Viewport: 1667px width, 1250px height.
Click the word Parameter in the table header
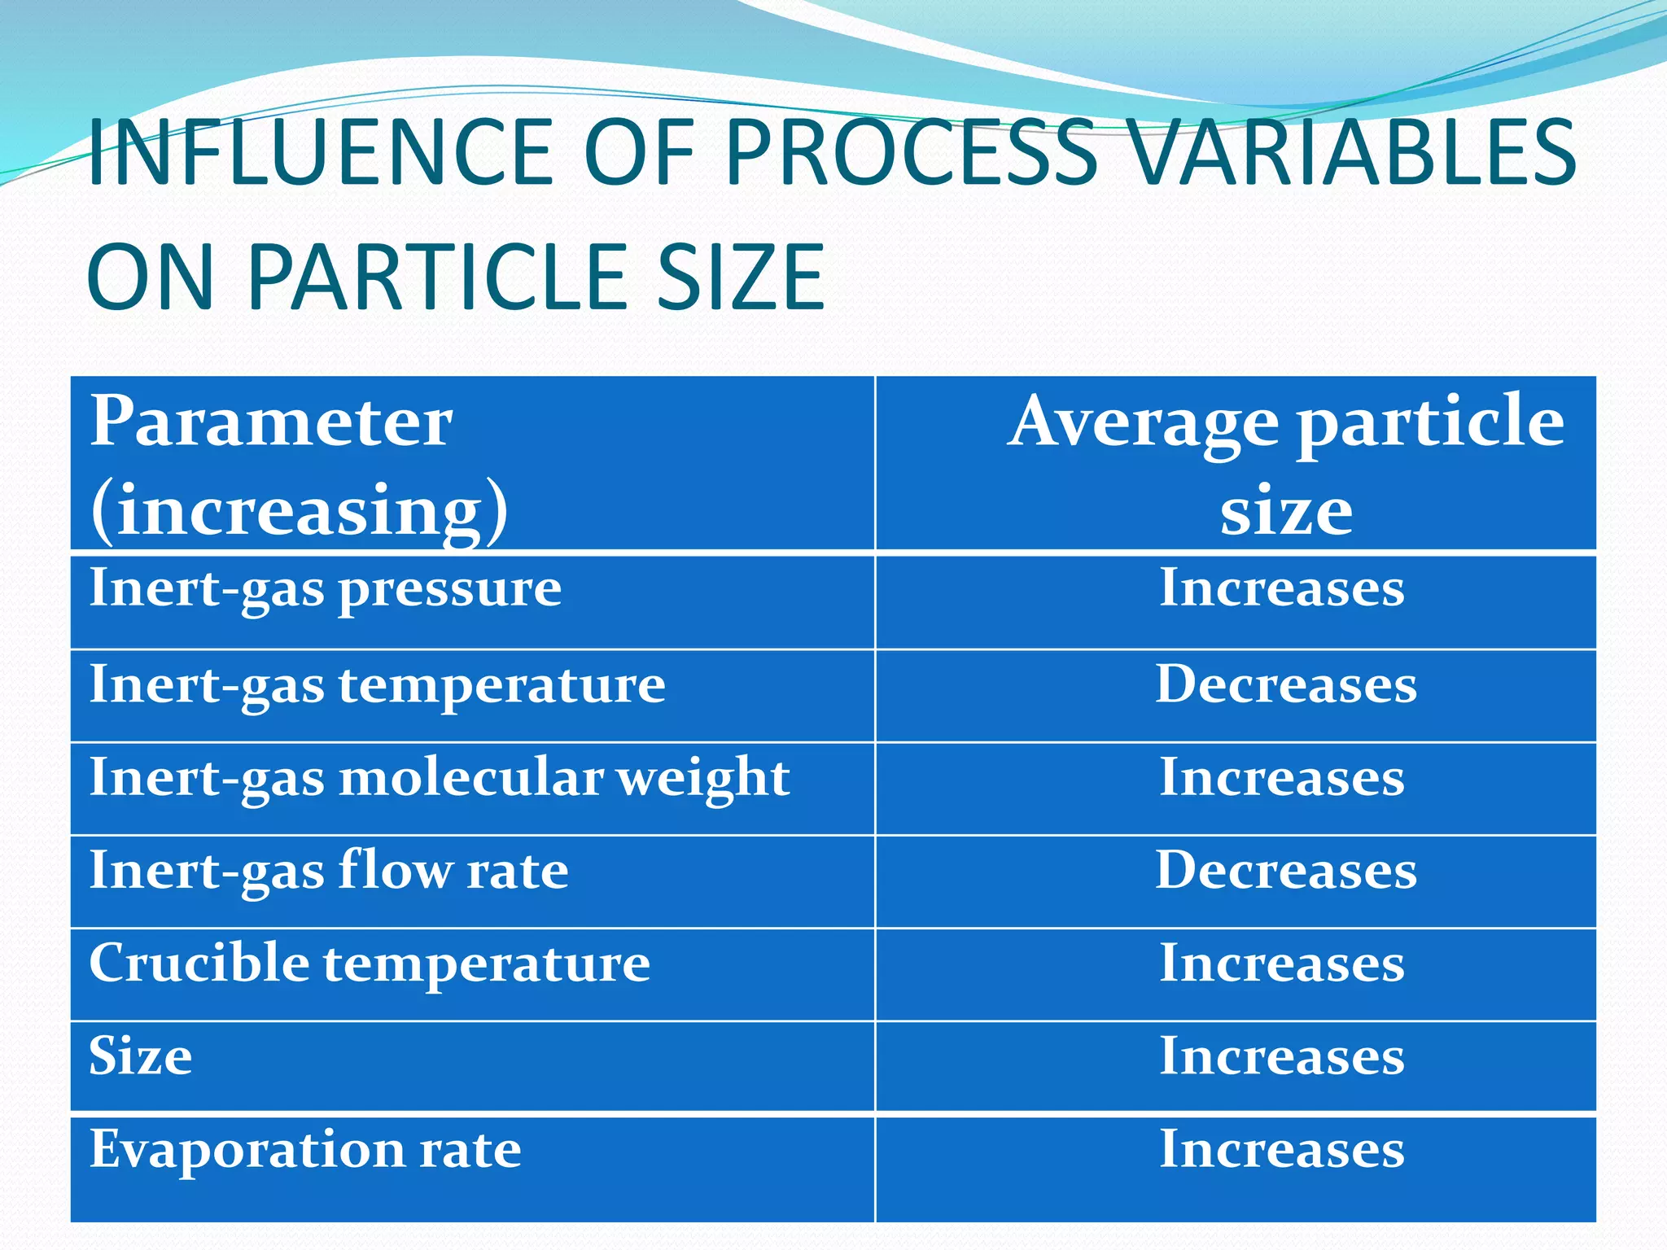[270, 422]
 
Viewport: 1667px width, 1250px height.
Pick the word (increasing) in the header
[299, 510]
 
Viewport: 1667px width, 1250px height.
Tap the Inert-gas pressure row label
[325, 589]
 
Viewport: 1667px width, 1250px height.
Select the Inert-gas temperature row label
[377, 685]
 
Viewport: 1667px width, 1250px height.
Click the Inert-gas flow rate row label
[329, 871]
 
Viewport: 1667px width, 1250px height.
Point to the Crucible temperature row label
[370, 964]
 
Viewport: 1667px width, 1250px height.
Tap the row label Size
[140, 1056]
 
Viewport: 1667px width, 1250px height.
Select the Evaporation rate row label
[305, 1149]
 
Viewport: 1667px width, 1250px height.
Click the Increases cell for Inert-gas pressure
[1282, 588]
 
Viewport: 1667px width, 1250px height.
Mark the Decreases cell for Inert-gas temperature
[1286, 684]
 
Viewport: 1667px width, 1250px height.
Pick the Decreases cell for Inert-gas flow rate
[1286, 871]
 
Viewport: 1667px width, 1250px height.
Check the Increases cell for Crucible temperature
[1282, 964]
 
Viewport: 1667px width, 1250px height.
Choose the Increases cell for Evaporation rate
[1282, 1149]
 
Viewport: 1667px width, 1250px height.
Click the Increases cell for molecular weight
[1282, 777]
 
